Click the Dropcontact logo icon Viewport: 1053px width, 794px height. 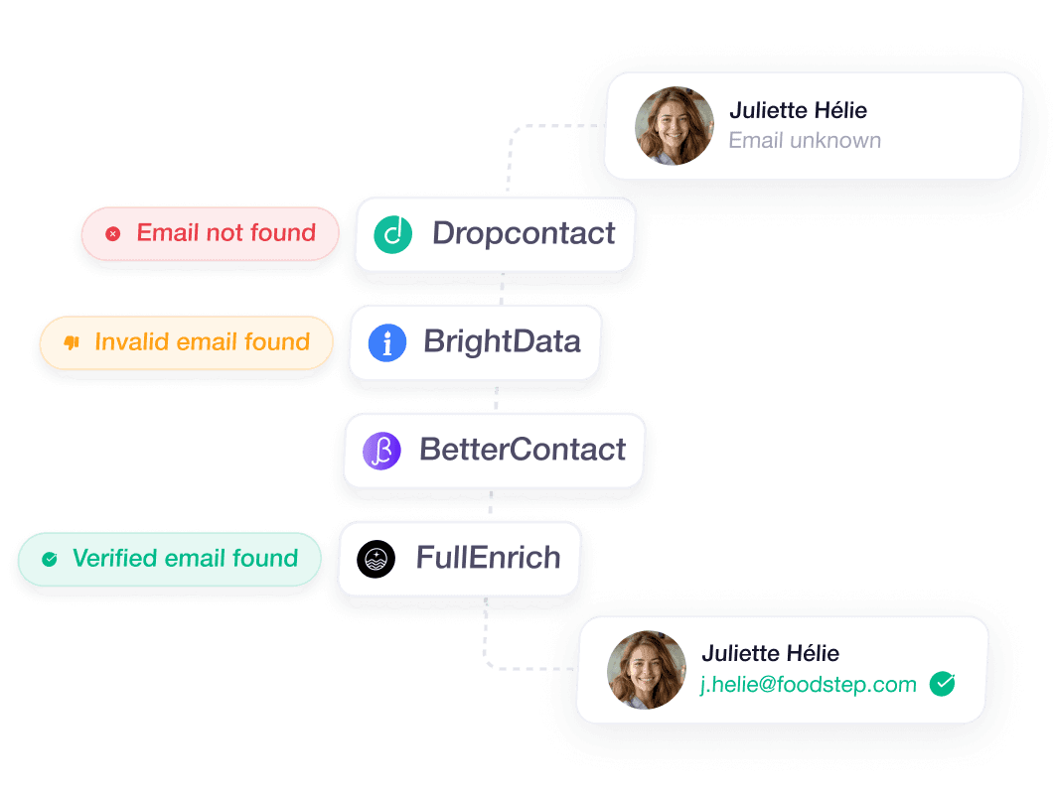[392, 234]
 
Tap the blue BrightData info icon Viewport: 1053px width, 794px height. [387, 342]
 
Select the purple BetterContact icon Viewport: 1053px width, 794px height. [381, 451]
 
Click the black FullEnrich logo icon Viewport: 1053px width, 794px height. [376, 559]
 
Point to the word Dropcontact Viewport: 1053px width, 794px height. [524, 234]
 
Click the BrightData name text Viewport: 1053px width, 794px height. [502, 342]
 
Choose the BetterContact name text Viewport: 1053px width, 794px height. [523, 451]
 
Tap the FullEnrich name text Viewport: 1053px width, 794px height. [488, 559]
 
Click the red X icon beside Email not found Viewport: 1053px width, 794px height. [113, 234]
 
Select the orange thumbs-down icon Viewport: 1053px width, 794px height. [72, 342]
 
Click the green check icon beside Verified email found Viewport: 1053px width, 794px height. [50, 560]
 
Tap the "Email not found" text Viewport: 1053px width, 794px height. [226, 233]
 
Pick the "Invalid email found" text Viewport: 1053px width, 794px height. [202, 342]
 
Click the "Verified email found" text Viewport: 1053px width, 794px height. [185, 559]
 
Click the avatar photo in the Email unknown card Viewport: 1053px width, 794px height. [675, 126]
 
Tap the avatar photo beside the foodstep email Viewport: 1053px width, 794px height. [647, 670]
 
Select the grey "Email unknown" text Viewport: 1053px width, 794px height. [805, 141]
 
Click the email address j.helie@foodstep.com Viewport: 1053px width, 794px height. [809, 685]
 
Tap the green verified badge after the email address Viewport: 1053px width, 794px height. [942, 684]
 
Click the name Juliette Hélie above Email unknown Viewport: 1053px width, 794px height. [799, 110]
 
